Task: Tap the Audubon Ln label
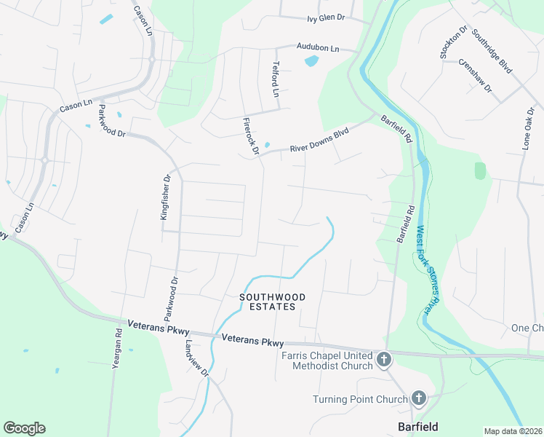(x=318, y=47)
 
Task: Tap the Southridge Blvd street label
(x=492, y=50)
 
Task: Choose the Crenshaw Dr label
(x=476, y=76)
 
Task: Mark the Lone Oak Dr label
(x=528, y=130)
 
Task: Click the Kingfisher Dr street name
(x=165, y=197)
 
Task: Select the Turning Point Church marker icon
(x=418, y=398)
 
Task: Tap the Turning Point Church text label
(x=359, y=399)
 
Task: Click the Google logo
(x=24, y=428)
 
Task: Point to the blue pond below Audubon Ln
(x=311, y=61)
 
